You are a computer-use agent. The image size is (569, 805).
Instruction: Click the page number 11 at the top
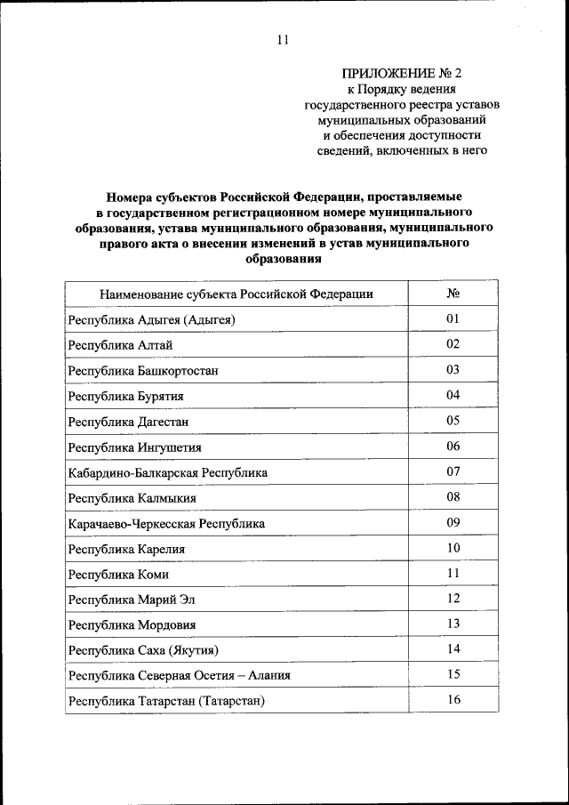tap(283, 40)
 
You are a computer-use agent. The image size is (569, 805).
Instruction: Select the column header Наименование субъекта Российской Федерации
tap(236, 294)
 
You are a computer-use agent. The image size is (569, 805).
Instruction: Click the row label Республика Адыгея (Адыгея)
tap(150, 319)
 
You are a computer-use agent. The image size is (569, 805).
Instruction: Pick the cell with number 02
tap(453, 344)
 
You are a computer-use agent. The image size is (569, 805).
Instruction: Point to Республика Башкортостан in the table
tap(143, 370)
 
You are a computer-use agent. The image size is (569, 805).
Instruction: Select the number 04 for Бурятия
tap(453, 395)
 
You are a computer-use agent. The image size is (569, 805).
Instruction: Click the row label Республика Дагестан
tap(129, 422)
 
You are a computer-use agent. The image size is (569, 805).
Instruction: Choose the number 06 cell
tap(453, 447)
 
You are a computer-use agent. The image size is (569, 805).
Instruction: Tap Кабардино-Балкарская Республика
tap(167, 473)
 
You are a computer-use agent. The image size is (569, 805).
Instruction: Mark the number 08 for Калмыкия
tap(453, 497)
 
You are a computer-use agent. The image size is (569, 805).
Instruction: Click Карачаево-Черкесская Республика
tap(166, 524)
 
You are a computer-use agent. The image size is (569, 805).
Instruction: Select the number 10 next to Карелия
tap(453, 548)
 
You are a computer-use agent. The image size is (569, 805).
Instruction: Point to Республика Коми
tap(118, 575)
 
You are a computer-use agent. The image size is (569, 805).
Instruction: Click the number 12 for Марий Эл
tap(453, 599)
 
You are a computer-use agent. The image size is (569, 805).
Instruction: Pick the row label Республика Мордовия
tap(132, 625)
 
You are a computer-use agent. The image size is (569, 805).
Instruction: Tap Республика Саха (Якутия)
tap(143, 651)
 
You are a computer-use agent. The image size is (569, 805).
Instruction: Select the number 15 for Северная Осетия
tap(453, 675)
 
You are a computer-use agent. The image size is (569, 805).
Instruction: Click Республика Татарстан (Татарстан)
tap(167, 702)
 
